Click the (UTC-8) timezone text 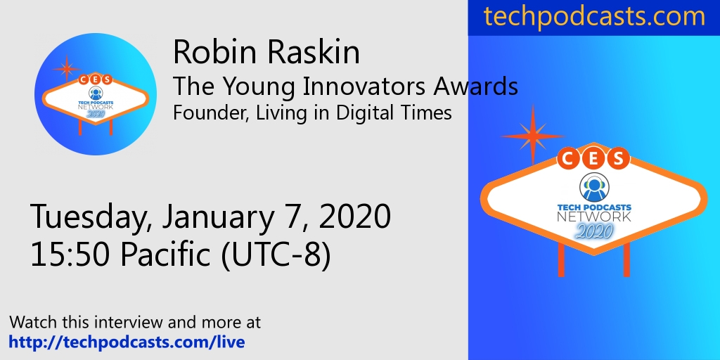(276, 255)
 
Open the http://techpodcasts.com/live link (127, 342)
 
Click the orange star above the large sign (532, 134)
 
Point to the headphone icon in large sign (593, 187)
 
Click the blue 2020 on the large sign (593, 231)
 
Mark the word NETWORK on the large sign (593, 217)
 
